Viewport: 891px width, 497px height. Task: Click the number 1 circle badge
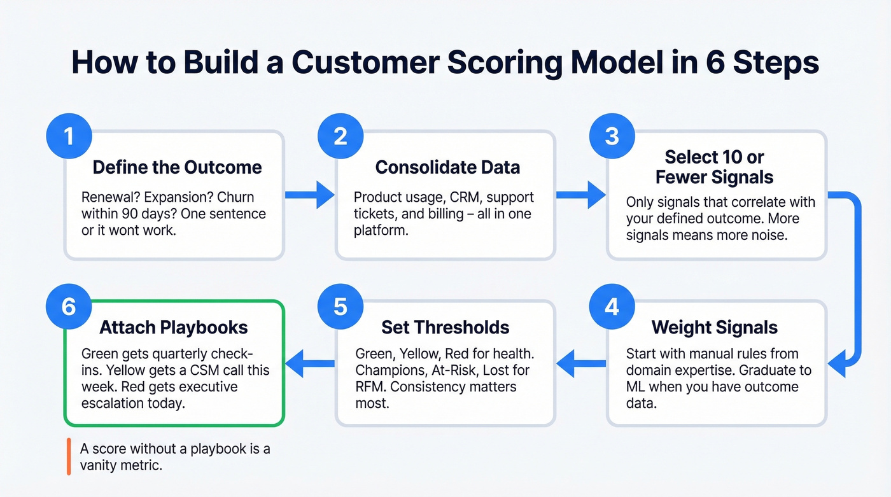click(x=69, y=136)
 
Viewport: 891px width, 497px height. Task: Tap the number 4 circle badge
click(x=612, y=307)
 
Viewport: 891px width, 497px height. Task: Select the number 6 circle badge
click(x=69, y=307)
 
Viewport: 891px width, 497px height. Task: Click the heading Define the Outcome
click(x=177, y=167)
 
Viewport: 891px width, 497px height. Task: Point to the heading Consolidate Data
click(x=447, y=167)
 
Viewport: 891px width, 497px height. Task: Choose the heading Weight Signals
click(x=715, y=328)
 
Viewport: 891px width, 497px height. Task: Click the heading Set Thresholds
click(x=445, y=328)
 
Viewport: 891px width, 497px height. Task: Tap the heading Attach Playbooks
click(x=174, y=328)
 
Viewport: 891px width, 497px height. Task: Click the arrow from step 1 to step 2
click(x=309, y=195)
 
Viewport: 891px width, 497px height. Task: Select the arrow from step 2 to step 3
click(x=580, y=195)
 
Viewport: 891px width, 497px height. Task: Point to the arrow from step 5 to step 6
click(x=309, y=364)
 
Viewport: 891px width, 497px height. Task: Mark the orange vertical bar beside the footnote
click(x=68, y=457)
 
